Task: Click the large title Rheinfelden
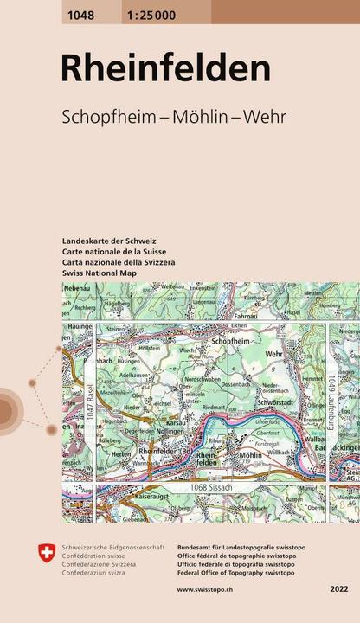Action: click(164, 68)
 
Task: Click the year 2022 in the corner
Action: click(339, 589)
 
